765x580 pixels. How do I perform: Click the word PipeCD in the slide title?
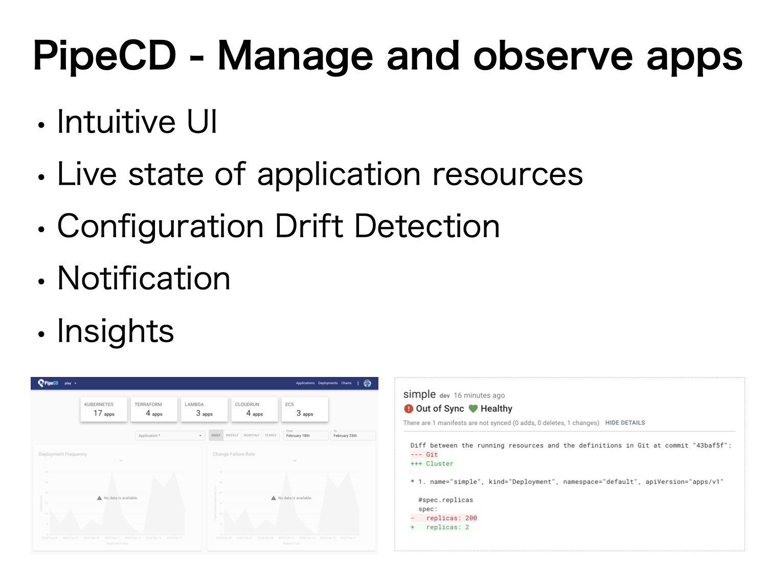point(104,56)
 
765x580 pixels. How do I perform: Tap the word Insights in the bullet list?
point(116,331)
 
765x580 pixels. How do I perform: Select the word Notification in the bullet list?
point(144,279)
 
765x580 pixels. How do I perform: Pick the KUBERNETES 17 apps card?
point(104,409)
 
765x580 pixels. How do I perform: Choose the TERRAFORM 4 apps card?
point(154,409)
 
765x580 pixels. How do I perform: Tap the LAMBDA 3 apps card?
point(204,409)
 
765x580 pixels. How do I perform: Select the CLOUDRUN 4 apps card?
point(254,409)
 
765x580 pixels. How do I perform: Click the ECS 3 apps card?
point(305,409)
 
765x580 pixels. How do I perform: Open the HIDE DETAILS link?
point(625,423)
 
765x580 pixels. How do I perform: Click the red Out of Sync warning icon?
point(408,409)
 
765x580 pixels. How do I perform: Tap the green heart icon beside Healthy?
point(473,409)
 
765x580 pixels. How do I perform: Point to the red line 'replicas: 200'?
point(451,518)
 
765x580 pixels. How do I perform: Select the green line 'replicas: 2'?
point(447,527)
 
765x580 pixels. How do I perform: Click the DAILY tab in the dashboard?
point(216,435)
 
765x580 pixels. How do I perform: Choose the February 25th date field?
point(353,435)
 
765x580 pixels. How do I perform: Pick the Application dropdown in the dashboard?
point(170,436)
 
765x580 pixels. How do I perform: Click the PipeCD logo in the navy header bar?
point(48,383)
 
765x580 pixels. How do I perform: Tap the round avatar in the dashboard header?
point(367,383)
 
